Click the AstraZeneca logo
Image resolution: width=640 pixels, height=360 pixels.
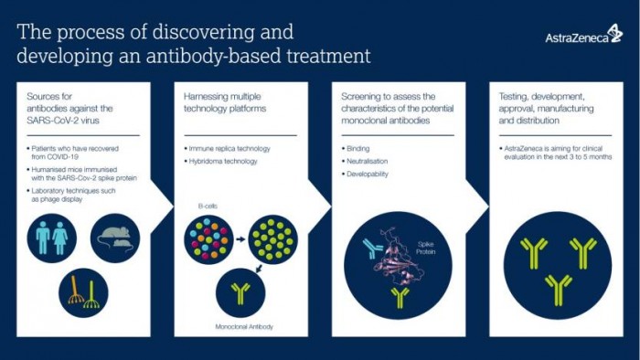583,37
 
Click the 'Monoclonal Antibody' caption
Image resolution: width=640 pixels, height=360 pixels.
244,325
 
